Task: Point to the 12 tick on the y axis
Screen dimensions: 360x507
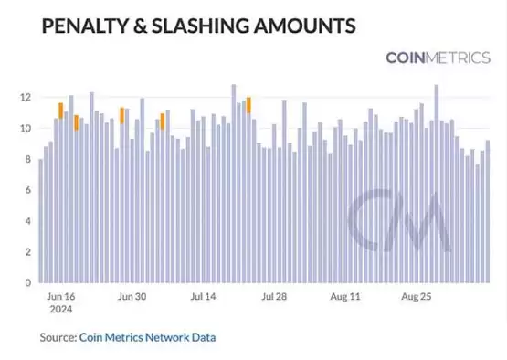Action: [26, 97]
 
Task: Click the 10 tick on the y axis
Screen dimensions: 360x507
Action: [26, 128]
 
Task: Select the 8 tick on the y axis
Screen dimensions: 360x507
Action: [28, 159]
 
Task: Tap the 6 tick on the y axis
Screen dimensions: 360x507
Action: [28, 190]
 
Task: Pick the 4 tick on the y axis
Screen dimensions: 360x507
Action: [28, 221]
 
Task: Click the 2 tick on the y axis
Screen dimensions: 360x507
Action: [28, 252]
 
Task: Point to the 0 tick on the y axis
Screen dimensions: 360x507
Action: [28, 283]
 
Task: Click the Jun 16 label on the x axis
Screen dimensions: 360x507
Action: [60, 297]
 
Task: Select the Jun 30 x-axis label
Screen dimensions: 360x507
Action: [132, 297]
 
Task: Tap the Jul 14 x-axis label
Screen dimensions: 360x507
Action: [205, 297]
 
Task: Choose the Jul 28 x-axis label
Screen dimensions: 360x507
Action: [275, 297]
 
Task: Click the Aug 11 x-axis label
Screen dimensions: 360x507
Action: [345, 297]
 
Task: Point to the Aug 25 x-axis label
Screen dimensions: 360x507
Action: [417, 297]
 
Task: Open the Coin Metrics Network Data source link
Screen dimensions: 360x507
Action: [148, 337]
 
